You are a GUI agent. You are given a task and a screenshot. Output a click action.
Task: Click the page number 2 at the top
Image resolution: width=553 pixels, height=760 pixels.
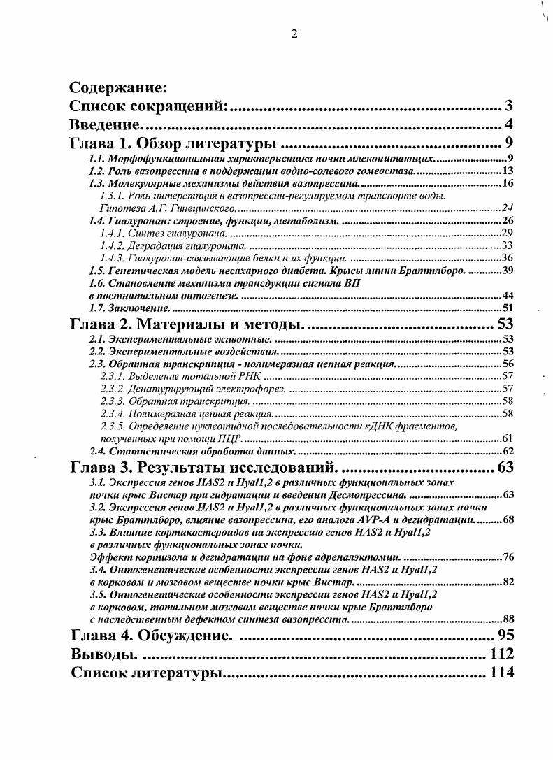pyautogui.click(x=294, y=35)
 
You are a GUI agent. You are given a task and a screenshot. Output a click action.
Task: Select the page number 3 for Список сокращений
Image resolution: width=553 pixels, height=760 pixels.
pyautogui.click(x=510, y=107)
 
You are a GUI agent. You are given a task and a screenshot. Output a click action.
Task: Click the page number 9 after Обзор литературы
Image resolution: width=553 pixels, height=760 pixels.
pyautogui.click(x=510, y=145)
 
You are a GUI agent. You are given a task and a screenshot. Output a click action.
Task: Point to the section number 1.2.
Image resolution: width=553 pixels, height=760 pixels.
pyautogui.click(x=97, y=171)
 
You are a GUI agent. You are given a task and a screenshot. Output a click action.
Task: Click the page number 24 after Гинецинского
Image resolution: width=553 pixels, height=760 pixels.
pyautogui.click(x=508, y=208)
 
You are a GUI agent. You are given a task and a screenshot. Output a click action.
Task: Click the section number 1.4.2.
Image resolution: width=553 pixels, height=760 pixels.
pyautogui.click(x=113, y=245)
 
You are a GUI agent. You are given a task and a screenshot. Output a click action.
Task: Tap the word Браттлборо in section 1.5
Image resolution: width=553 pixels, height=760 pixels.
pyautogui.click(x=435, y=271)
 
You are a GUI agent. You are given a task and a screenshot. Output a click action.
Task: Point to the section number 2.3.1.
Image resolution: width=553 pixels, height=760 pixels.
pyautogui.click(x=113, y=376)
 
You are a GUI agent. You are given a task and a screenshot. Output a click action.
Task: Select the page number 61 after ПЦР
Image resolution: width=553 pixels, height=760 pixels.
pyautogui.click(x=508, y=438)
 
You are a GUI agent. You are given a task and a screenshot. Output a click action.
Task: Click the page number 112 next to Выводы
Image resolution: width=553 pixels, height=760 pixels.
pyautogui.click(x=501, y=654)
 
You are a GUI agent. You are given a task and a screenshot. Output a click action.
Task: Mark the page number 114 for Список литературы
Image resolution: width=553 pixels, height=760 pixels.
pyautogui.click(x=501, y=673)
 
